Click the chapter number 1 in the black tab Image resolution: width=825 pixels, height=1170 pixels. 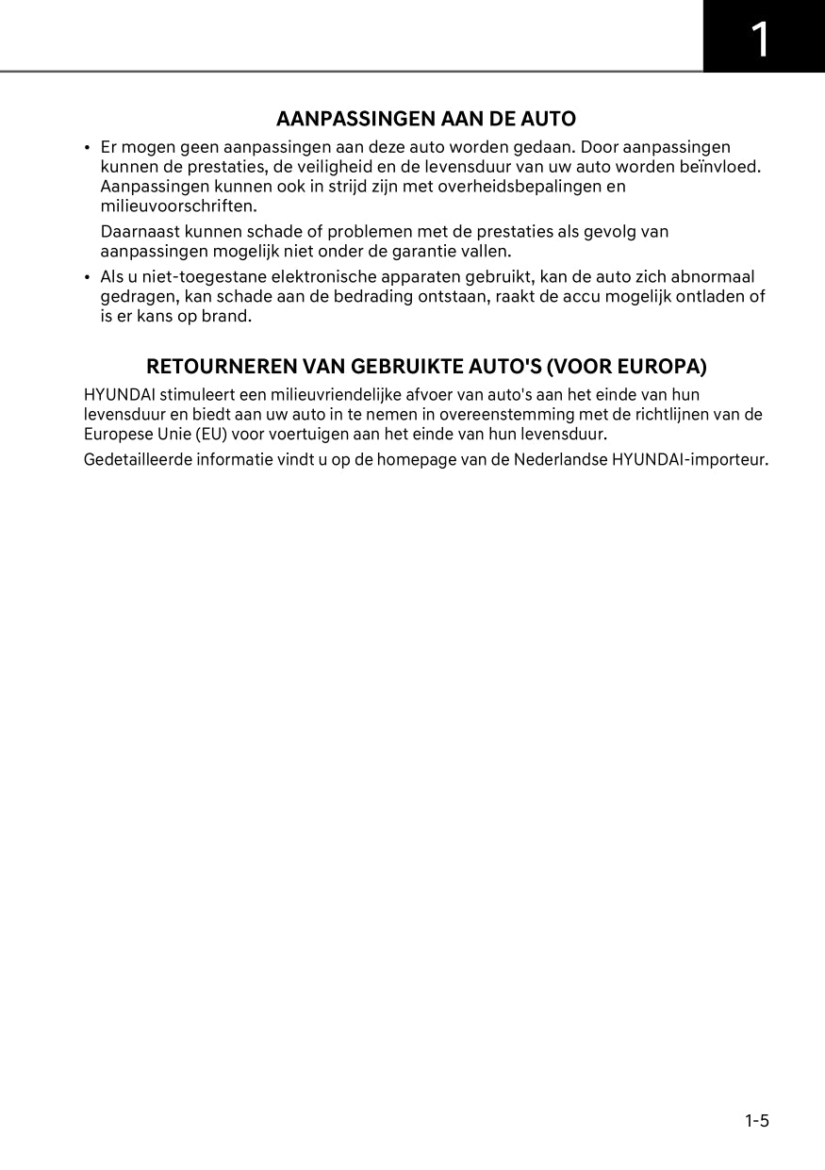pyautogui.click(x=760, y=40)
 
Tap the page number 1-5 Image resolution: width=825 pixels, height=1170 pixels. pyautogui.click(x=757, y=1121)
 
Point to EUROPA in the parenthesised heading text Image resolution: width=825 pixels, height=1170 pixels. pyautogui.click(x=661, y=366)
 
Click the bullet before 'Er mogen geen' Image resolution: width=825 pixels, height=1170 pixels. pyautogui.click(x=87, y=148)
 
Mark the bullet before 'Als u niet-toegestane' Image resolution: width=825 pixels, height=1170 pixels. pyautogui.click(x=87, y=277)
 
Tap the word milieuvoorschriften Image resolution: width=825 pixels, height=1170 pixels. pyautogui.click(x=178, y=206)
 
